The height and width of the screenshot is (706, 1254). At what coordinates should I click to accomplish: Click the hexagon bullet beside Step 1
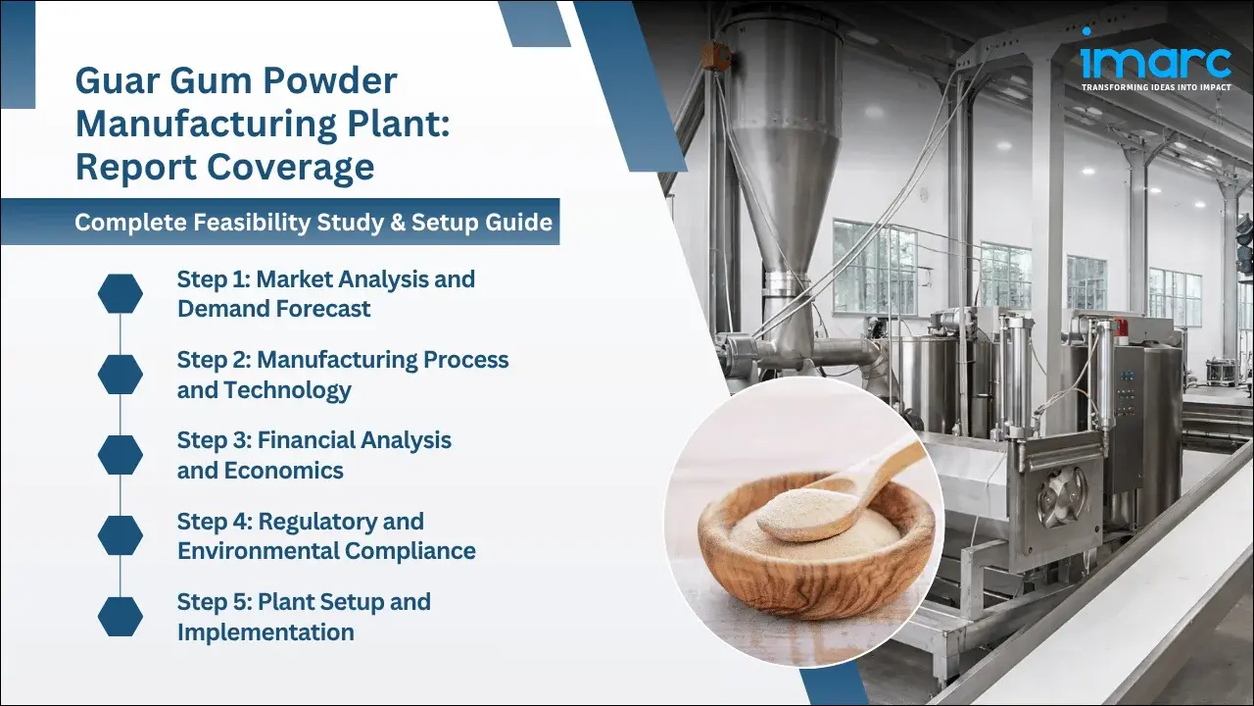tap(121, 294)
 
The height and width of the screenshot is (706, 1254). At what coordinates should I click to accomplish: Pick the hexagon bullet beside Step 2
tap(121, 375)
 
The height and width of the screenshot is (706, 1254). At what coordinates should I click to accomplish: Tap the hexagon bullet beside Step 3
tap(121, 455)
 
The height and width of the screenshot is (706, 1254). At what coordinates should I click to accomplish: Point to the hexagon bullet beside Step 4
tap(121, 535)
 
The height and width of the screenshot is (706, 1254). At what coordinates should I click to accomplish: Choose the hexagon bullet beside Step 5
tap(121, 616)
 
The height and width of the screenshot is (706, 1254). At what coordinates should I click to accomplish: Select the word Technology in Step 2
tap(287, 389)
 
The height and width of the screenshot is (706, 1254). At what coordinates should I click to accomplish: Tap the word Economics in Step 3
tap(284, 470)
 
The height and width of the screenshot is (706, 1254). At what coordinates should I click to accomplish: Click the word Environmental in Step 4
tap(247, 550)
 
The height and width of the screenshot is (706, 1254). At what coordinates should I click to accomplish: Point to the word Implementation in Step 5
tap(265, 631)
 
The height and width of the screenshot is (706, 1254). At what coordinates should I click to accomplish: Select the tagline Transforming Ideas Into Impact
tap(1155, 87)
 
